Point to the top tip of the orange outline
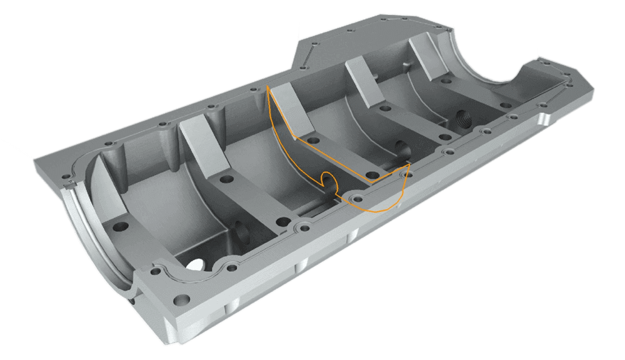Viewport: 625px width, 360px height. (x=267, y=88)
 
